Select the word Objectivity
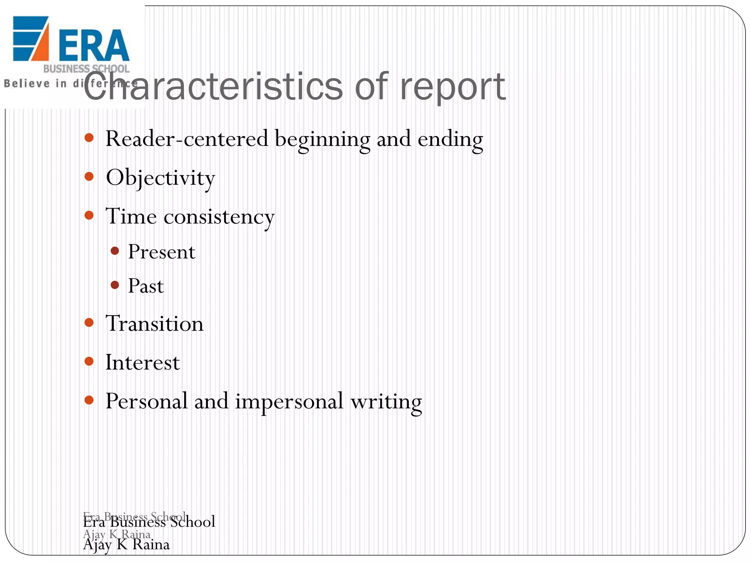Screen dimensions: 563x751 (x=160, y=178)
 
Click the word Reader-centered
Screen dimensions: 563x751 (x=187, y=139)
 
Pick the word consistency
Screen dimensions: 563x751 (x=219, y=217)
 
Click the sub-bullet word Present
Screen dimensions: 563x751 (x=161, y=252)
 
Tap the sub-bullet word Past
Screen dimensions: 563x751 (x=146, y=286)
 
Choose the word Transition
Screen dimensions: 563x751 (x=154, y=324)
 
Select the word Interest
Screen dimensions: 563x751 (x=142, y=363)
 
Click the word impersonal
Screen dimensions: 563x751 (x=289, y=401)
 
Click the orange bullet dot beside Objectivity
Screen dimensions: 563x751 (x=89, y=177)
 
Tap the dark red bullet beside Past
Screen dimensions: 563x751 (x=115, y=285)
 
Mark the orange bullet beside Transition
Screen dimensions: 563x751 (x=89, y=323)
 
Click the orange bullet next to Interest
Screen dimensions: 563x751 (x=89, y=361)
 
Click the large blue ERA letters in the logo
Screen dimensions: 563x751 (x=94, y=45)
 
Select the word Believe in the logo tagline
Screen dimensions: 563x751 (x=26, y=84)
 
